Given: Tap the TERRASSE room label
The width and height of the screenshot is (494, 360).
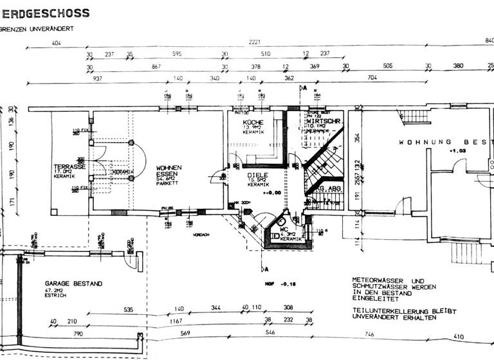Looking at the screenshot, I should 70,166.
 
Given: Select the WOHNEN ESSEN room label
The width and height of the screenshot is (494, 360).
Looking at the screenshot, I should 169,171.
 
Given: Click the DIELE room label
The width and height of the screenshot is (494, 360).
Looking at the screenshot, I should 257,174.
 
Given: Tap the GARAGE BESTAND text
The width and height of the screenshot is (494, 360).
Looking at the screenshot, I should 73,283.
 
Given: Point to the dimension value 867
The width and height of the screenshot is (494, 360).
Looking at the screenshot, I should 156,66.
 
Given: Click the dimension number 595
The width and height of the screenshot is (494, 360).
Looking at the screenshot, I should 177,55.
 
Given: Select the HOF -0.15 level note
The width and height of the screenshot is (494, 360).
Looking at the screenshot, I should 277,283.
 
